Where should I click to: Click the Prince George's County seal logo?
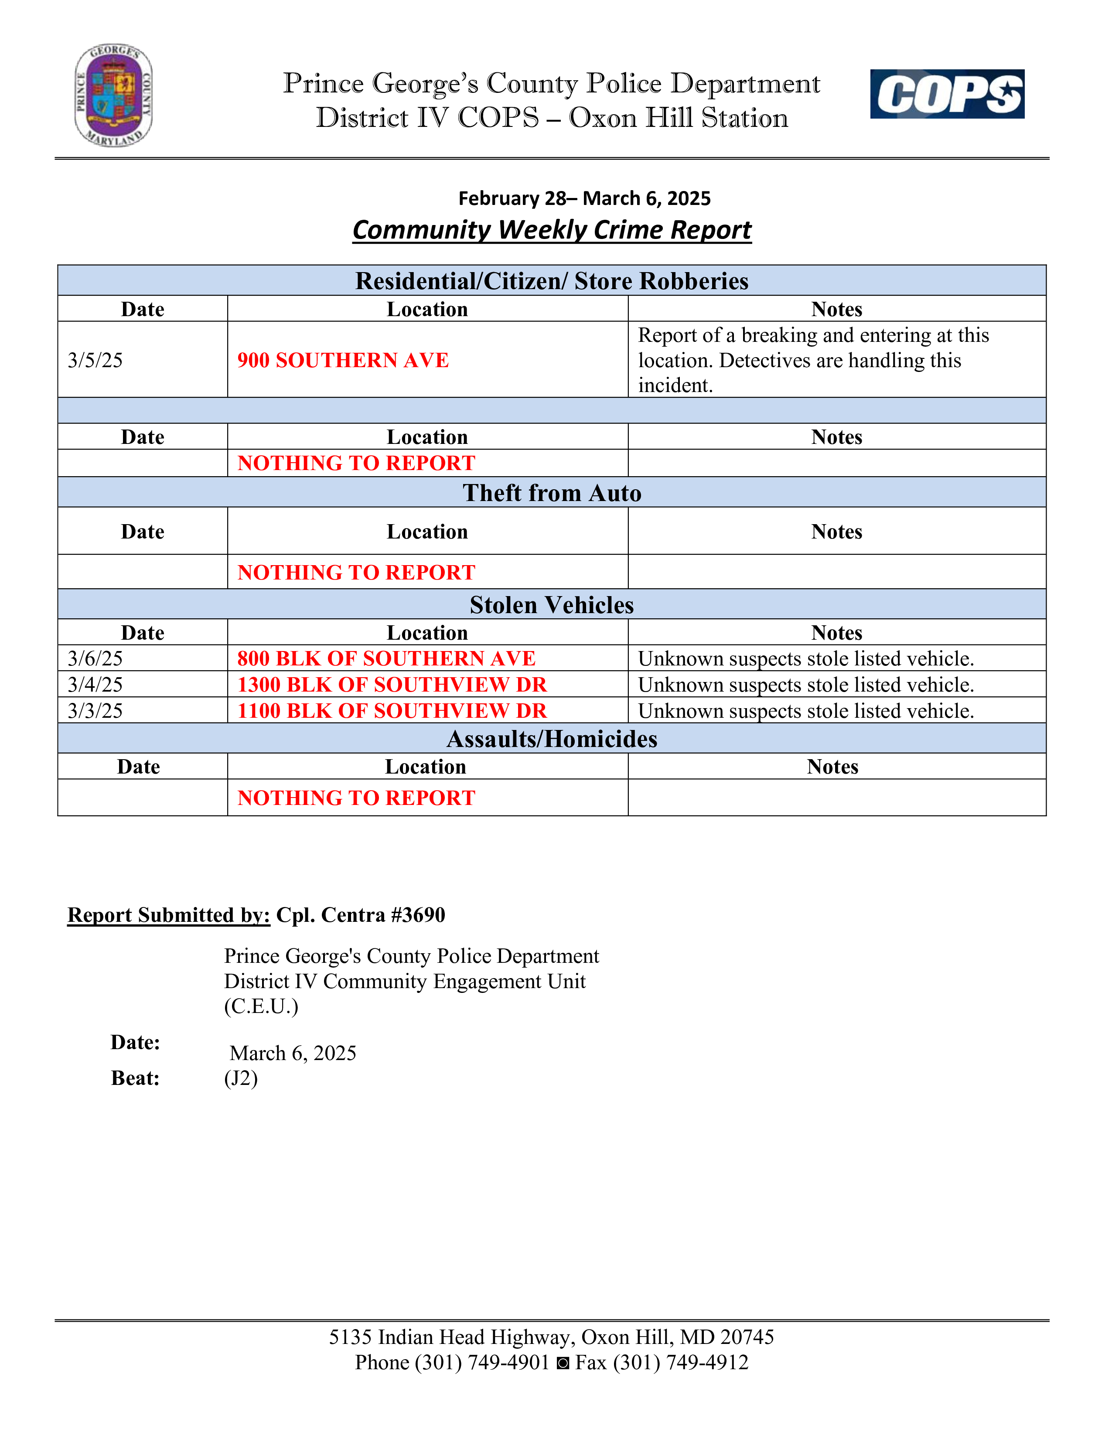113,95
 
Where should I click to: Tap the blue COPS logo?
947,94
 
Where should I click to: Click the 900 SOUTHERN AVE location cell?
343,361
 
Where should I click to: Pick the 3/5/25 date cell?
96,361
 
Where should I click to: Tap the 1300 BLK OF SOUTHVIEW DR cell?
392,685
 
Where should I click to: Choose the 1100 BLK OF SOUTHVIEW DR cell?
392,711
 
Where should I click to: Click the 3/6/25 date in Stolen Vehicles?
96,658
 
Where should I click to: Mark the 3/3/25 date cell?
96,711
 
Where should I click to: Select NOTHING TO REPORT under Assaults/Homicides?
356,798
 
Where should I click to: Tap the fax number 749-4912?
707,1363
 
